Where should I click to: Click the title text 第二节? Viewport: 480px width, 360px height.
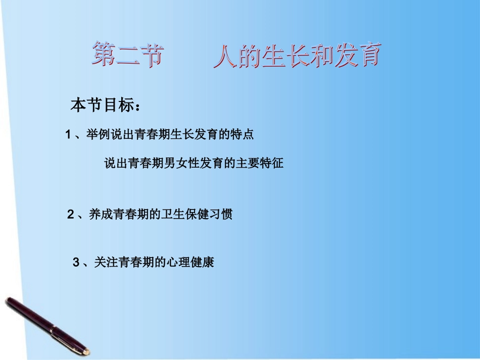coord(128,55)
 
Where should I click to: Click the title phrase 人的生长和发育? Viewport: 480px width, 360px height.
coord(296,56)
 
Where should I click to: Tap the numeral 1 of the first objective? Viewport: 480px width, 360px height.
coord(68,135)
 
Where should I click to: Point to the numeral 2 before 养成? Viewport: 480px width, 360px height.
coord(71,214)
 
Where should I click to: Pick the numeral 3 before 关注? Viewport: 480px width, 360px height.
coord(76,263)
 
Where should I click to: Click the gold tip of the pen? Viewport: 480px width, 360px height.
coord(86,351)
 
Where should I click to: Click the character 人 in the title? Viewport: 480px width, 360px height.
coord(223,56)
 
